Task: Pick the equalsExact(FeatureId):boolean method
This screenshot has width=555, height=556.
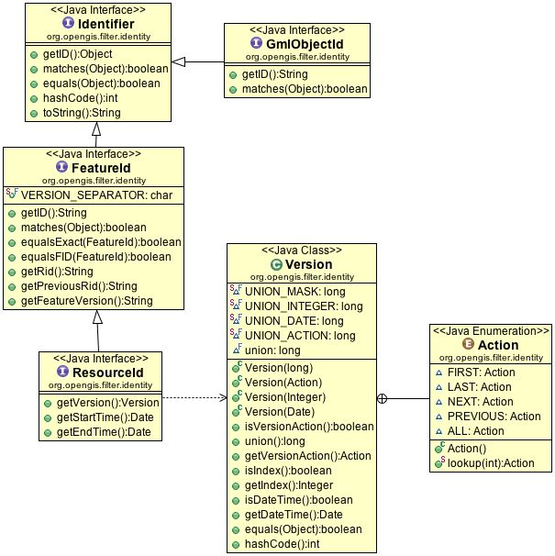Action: tap(100, 242)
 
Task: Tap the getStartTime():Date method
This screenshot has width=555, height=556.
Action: tap(103, 417)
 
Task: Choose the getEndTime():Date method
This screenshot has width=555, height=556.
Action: tap(101, 432)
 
